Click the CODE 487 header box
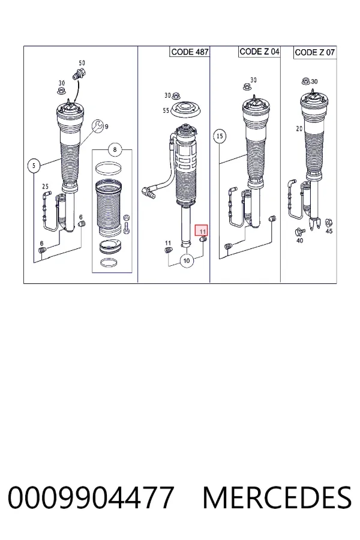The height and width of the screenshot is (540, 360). (190, 52)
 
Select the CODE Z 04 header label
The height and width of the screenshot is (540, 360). (259, 52)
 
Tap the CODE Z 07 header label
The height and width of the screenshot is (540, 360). (315, 52)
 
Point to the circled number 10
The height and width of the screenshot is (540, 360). (187, 260)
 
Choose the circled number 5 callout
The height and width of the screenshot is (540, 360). (34, 166)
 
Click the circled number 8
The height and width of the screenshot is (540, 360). (115, 149)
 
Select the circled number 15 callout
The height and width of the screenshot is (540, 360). (220, 136)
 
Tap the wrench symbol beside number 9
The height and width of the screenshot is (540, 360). (97, 126)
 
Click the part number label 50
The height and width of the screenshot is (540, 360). (82, 63)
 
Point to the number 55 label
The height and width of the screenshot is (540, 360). (166, 110)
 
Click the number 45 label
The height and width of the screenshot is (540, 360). (329, 231)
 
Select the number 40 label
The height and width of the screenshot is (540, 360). (300, 241)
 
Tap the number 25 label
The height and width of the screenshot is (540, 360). (45, 187)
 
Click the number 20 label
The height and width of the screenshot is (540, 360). (299, 128)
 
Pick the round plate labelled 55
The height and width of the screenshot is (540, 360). (187, 110)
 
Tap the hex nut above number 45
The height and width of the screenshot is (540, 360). (328, 222)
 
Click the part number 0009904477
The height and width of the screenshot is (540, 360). (91, 497)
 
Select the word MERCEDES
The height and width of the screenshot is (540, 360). (277, 497)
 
